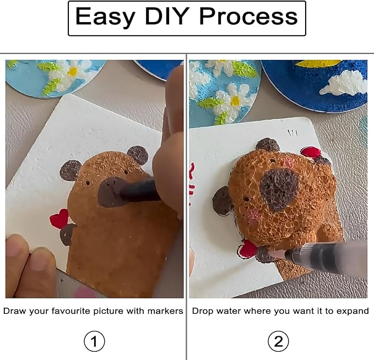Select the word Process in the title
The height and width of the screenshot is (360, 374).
[x=248, y=16]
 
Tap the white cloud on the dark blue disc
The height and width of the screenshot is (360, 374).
[x=345, y=83]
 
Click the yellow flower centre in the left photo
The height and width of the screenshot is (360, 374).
[x=73, y=71]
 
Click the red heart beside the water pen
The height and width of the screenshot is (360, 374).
[x=247, y=249]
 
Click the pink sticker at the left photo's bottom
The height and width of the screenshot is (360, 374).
[x=83, y=292]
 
